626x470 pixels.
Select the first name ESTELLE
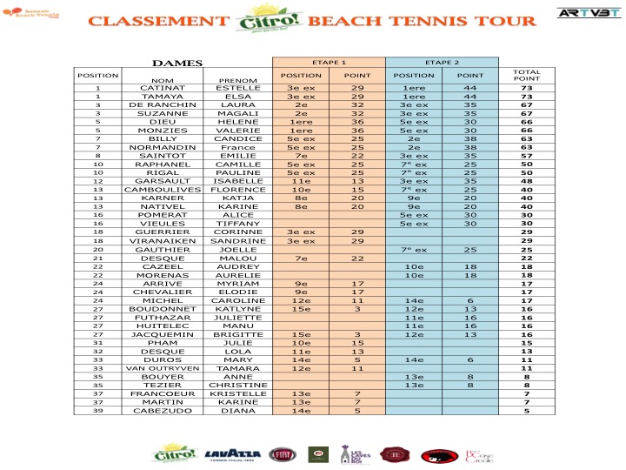[237, 88]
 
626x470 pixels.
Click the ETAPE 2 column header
[442, 63]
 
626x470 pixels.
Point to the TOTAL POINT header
[526, 75]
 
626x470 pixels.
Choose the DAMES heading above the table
[177, 63]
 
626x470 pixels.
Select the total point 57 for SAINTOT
[526, 156]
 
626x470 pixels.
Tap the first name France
[237, 147]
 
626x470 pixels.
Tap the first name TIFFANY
[237, 223]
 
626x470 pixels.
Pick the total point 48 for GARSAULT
[526, 181]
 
